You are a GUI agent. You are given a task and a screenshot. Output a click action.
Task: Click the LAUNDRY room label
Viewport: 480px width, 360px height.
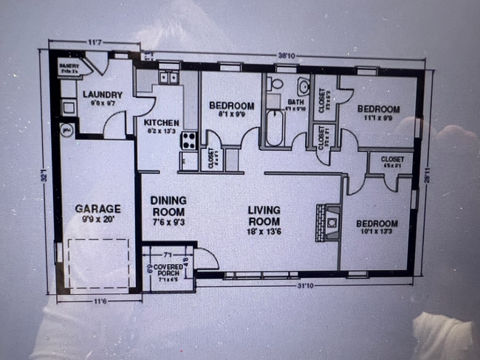(x=102, y=94)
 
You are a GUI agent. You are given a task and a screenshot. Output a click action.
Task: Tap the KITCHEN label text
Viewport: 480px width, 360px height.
(x=162, y=122)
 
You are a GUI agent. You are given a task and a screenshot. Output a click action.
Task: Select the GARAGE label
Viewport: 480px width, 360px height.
(x=97, y=209)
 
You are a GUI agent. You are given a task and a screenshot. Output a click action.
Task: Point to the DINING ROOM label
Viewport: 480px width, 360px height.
(x=168, y=204)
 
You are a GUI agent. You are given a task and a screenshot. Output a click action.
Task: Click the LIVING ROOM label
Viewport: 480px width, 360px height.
(x=264, y=215)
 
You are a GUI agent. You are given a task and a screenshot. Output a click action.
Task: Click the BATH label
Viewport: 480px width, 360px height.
(x=296, y=103)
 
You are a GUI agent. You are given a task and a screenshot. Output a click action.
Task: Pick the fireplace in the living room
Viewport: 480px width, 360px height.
(x=328, y=221)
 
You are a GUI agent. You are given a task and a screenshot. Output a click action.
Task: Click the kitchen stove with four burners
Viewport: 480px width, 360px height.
(x=189, y=139)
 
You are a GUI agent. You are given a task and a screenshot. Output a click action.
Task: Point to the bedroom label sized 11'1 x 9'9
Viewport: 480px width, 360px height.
(x=378, y=109)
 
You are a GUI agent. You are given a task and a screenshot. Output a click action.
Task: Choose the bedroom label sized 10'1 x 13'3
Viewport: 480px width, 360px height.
(x=377, y=224)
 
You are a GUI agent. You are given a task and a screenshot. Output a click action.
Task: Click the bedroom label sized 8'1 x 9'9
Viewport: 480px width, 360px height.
(x=231, y=105)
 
